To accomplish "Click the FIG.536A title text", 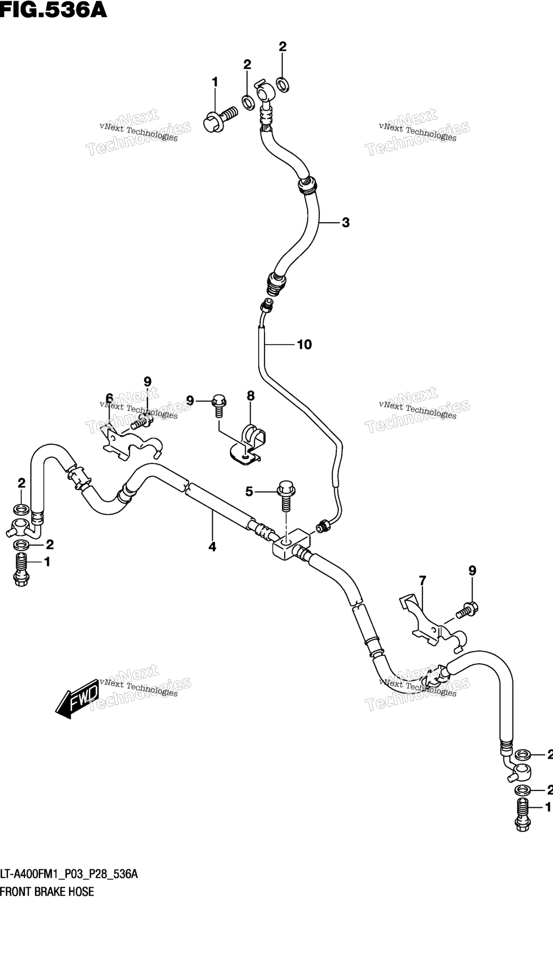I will pos(53,10).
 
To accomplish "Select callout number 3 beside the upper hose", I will pos(346,222).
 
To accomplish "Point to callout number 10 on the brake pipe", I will pos(305,344).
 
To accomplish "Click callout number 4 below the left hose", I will pos(212,547).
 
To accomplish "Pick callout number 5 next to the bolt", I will pos(249,491).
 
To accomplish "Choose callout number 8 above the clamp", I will pos(251,396).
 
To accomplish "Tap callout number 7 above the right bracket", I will pos(422,581).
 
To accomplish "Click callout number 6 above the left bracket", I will pos(109,398).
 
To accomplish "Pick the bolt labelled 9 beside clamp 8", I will pos(219,406).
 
